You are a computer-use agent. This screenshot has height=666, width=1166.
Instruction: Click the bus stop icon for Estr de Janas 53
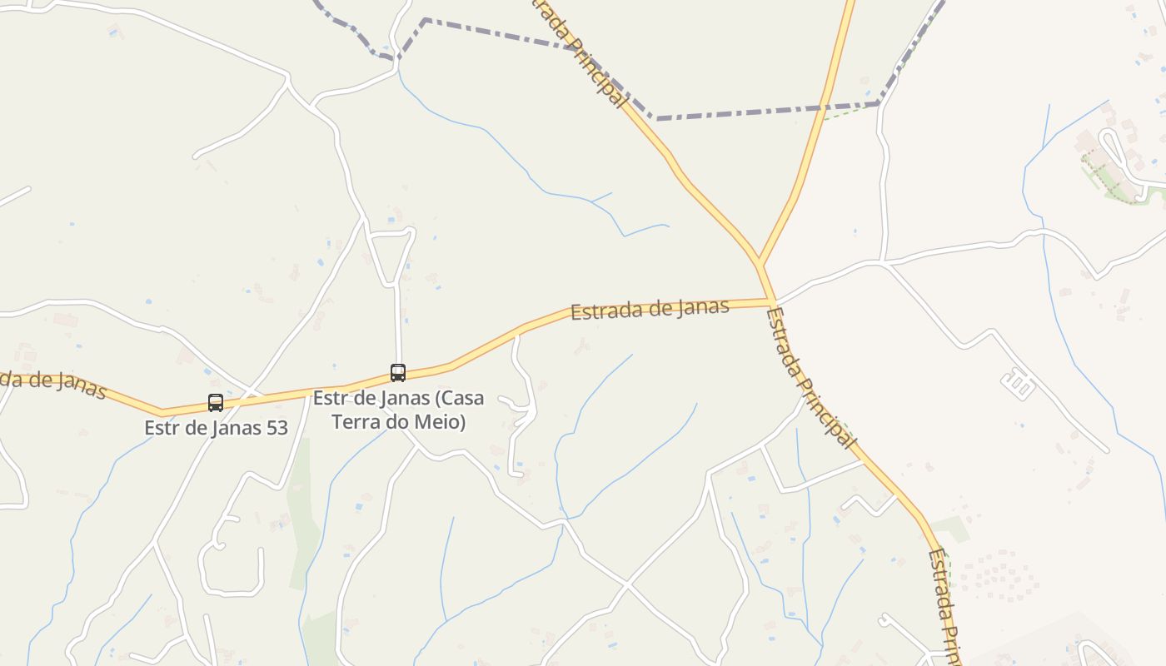pyautogui.click(x=216, y=403)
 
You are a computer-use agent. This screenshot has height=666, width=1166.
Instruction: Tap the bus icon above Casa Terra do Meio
pyautogui.click(x=398, y=373)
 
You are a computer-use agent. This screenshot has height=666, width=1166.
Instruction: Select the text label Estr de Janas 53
pyautogui.click(x=216, y=428)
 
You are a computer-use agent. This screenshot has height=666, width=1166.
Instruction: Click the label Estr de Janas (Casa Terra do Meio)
pyautogui.click(x=398, y=410)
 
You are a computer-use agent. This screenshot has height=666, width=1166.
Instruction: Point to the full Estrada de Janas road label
pyautogui.click(x=650, y=309)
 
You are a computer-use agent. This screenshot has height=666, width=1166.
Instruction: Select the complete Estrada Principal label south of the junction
pyautogui.click(x=810, y=379)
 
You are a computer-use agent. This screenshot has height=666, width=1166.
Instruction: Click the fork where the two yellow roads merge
pyautogui.click(x=760, y=265)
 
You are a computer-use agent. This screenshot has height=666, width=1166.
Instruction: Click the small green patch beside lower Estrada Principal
pyautogui.click(x=950, y=528)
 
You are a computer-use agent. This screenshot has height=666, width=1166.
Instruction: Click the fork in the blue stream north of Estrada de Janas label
pyautogui.click(x=592, y=201)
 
